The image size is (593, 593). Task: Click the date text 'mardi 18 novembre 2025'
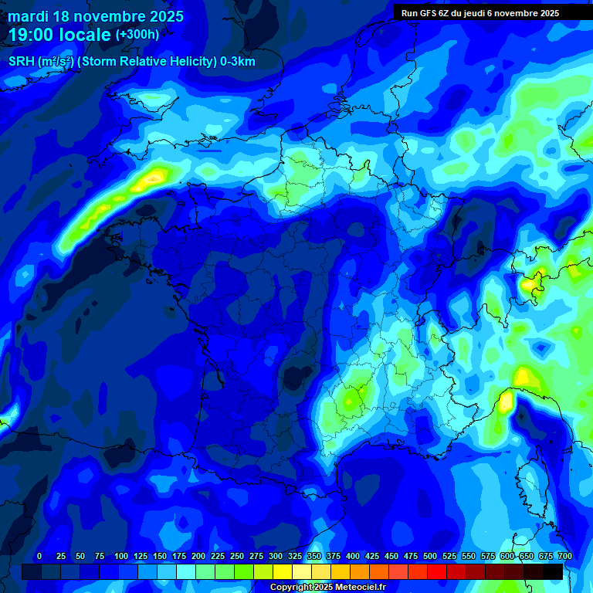pyautogui.click(x=96, y=16)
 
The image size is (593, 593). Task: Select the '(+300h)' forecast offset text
pyautogui.click(x=137, y=35)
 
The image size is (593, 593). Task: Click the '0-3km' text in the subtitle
pyautogui.click(x=238, y=62)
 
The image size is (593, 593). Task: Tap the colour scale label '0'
pyautogui.click(x=39, y=556)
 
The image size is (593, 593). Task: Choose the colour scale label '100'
pyautogui.click(x=120, y=556)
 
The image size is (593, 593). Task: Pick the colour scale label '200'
pyautogui.click(x=198, y=556)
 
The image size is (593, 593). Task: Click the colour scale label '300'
pyautogui.click(x=276, y=556)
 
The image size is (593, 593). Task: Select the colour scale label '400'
pyautogui.click(x=353, y=556)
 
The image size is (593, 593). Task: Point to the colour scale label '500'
pyautogui.click(x=430, y=556)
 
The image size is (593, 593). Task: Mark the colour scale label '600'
pyautogui.click(x=507, y=556)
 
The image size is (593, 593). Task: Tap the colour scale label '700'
pyautogui.click(x=564, y=556)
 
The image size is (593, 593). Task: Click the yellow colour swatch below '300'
pyautogui.click(x=283, y=571)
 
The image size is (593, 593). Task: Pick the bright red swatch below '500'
pyautogui.click(x=437, y=571)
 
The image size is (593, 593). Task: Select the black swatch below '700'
pyautogui.click(x=553, y=571)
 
